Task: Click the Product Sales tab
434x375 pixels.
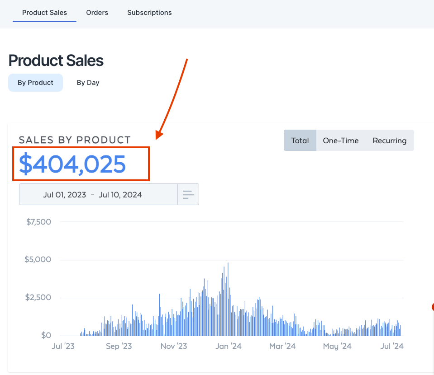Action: click(x=44, y=13)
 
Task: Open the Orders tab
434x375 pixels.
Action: click(x=97, y=13)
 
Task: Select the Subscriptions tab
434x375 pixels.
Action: click(x=149, y=13)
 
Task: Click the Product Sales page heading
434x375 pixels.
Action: click(x=56, y=61)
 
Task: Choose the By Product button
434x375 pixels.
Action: click(x=35, y=83)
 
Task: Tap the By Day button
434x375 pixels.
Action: click(x=88, y=83)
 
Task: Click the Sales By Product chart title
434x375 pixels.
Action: click(x=75, y=140)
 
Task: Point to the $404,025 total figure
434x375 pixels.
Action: click(x=72, y=164)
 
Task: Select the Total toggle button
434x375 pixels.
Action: click(x=300, y=141)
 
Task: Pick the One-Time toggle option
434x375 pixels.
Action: click(x=340, y=141)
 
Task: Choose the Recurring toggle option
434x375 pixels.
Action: click(x=389, y=141)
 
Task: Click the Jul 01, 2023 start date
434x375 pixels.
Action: click(x=64, y=195)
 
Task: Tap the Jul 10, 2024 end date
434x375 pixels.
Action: click(x=120, y=195)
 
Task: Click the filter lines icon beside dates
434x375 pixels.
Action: click(x=188, y=195)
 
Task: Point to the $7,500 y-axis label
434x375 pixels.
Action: click(x=38, y=222)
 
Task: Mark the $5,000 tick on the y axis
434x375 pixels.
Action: click(x=38, y=260)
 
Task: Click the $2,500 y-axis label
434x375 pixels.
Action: click(x=38, y=297)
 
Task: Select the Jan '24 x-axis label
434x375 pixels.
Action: click(x=229, y=347)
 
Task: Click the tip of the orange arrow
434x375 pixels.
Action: click(x=157, y=137)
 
